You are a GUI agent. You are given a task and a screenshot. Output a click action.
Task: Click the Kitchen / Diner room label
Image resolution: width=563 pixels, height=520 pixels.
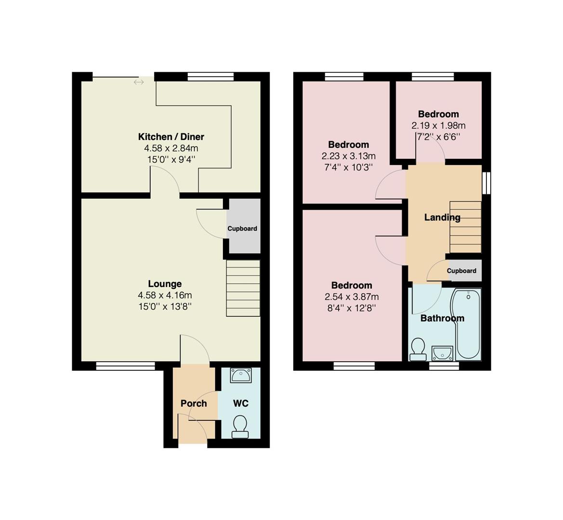(171, 137)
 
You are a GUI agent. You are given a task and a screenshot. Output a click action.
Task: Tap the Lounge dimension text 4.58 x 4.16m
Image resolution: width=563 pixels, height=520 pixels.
(165, 295)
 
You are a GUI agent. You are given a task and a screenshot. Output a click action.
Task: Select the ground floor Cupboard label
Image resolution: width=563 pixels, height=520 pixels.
(242, 229)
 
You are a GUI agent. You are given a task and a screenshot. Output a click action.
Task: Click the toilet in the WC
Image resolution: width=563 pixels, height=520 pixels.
(240, 427)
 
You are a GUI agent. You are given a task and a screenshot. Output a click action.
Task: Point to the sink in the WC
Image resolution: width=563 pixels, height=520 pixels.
(241, 376)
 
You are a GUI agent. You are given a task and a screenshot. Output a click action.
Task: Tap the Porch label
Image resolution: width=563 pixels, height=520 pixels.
(194, 403)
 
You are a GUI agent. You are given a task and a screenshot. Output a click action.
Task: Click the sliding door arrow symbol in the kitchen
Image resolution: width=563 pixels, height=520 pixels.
(139, 82)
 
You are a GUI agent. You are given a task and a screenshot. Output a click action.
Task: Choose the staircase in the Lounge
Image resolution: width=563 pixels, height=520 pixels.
(243, 288)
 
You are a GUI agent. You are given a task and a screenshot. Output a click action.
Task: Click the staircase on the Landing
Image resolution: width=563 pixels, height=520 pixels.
(465, 227)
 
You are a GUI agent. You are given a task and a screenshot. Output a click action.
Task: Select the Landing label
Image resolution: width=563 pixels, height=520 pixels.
(442, 218)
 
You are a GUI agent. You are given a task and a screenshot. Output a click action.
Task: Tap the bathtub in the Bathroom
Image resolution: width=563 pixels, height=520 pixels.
(466, 324)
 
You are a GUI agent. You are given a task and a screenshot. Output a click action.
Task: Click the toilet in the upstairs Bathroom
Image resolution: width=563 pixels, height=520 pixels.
(418, 349)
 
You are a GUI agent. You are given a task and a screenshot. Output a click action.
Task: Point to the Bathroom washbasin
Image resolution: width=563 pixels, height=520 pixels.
(443, 353)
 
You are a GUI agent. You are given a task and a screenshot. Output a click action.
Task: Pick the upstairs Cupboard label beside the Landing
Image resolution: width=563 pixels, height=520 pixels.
(462, 271)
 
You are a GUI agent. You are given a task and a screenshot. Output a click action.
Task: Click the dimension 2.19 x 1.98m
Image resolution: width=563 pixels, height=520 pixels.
(438, 126)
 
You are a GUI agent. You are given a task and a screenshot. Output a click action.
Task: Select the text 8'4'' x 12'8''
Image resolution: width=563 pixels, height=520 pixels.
(352, 308)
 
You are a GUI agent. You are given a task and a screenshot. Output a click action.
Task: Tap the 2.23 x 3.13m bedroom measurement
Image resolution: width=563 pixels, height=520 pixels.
(349, 156)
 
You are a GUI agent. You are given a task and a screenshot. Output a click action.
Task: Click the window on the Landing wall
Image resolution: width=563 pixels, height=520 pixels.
(486, 183)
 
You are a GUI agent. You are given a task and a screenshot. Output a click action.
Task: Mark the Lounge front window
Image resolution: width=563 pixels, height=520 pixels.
(125, 366)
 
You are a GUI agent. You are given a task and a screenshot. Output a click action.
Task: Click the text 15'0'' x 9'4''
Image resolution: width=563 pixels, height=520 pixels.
(171, 160)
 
